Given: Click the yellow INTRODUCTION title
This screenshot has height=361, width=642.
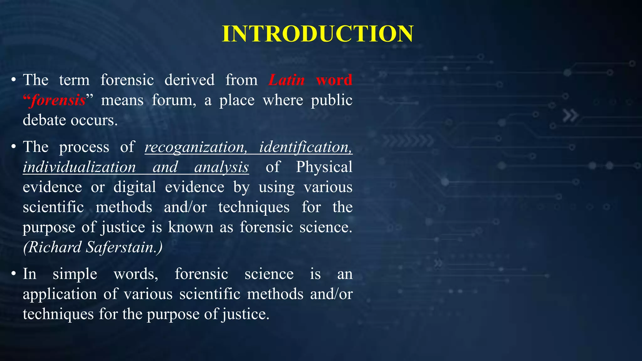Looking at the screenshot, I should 318,34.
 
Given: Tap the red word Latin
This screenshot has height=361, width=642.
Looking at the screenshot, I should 287,80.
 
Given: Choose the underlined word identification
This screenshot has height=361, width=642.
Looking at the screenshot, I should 306,147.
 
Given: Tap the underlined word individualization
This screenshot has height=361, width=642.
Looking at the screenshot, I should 79,167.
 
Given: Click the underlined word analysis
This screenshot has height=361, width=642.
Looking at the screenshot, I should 221,167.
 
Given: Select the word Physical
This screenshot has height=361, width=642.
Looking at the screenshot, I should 324,167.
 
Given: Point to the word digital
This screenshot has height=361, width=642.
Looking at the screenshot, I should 134,187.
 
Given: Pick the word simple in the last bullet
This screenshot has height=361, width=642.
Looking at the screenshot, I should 75,274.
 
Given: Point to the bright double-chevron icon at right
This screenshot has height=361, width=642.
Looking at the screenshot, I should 570,116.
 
